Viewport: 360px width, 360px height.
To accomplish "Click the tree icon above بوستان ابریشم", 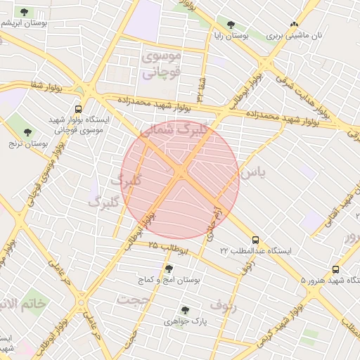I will pyautogui.click(x=25, y=13).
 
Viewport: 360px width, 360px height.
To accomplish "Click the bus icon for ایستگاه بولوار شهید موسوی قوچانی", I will pyautogui.click(x=77, y=110).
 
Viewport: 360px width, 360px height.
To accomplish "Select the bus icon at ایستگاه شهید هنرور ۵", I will pyautogui.click(x=335, y=269).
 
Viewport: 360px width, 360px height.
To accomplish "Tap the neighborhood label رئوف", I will pyautogui.click(x=243, y=305).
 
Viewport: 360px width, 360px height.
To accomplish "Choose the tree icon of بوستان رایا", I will pyautogui.click(x=230, y=25).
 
